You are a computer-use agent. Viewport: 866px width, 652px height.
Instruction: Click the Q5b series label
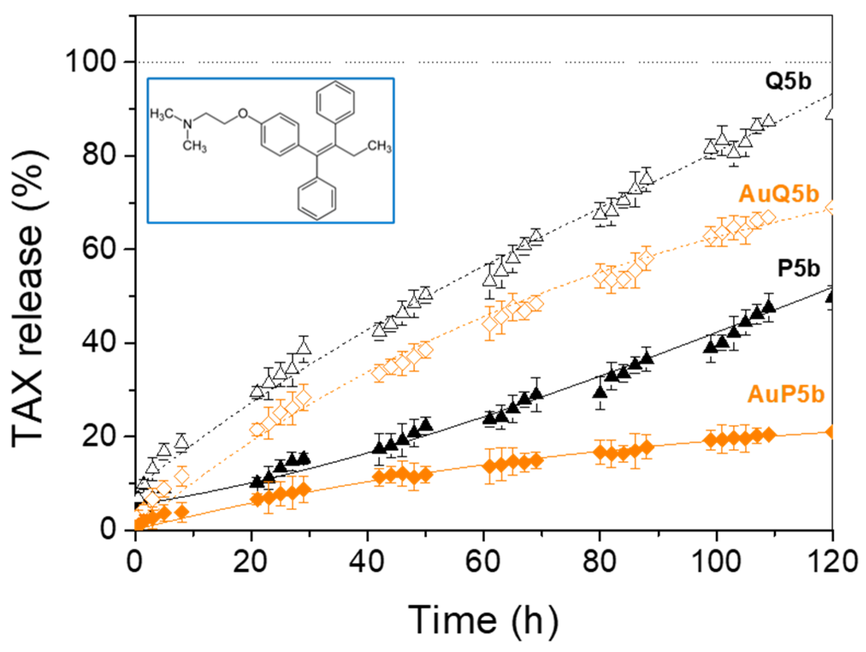[788, 82]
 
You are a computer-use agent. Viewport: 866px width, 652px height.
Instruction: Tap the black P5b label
[798, 269]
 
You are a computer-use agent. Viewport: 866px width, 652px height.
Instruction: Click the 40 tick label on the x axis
[367, 561]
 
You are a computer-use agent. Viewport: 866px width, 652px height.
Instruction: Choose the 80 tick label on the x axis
[600, 561]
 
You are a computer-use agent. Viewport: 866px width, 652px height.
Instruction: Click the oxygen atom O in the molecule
[243, 113]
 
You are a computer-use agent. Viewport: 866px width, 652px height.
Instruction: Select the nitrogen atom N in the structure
[187, 124]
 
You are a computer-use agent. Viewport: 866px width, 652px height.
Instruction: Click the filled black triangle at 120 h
[831, 296]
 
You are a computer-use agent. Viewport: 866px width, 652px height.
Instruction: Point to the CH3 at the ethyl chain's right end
[379, 147]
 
